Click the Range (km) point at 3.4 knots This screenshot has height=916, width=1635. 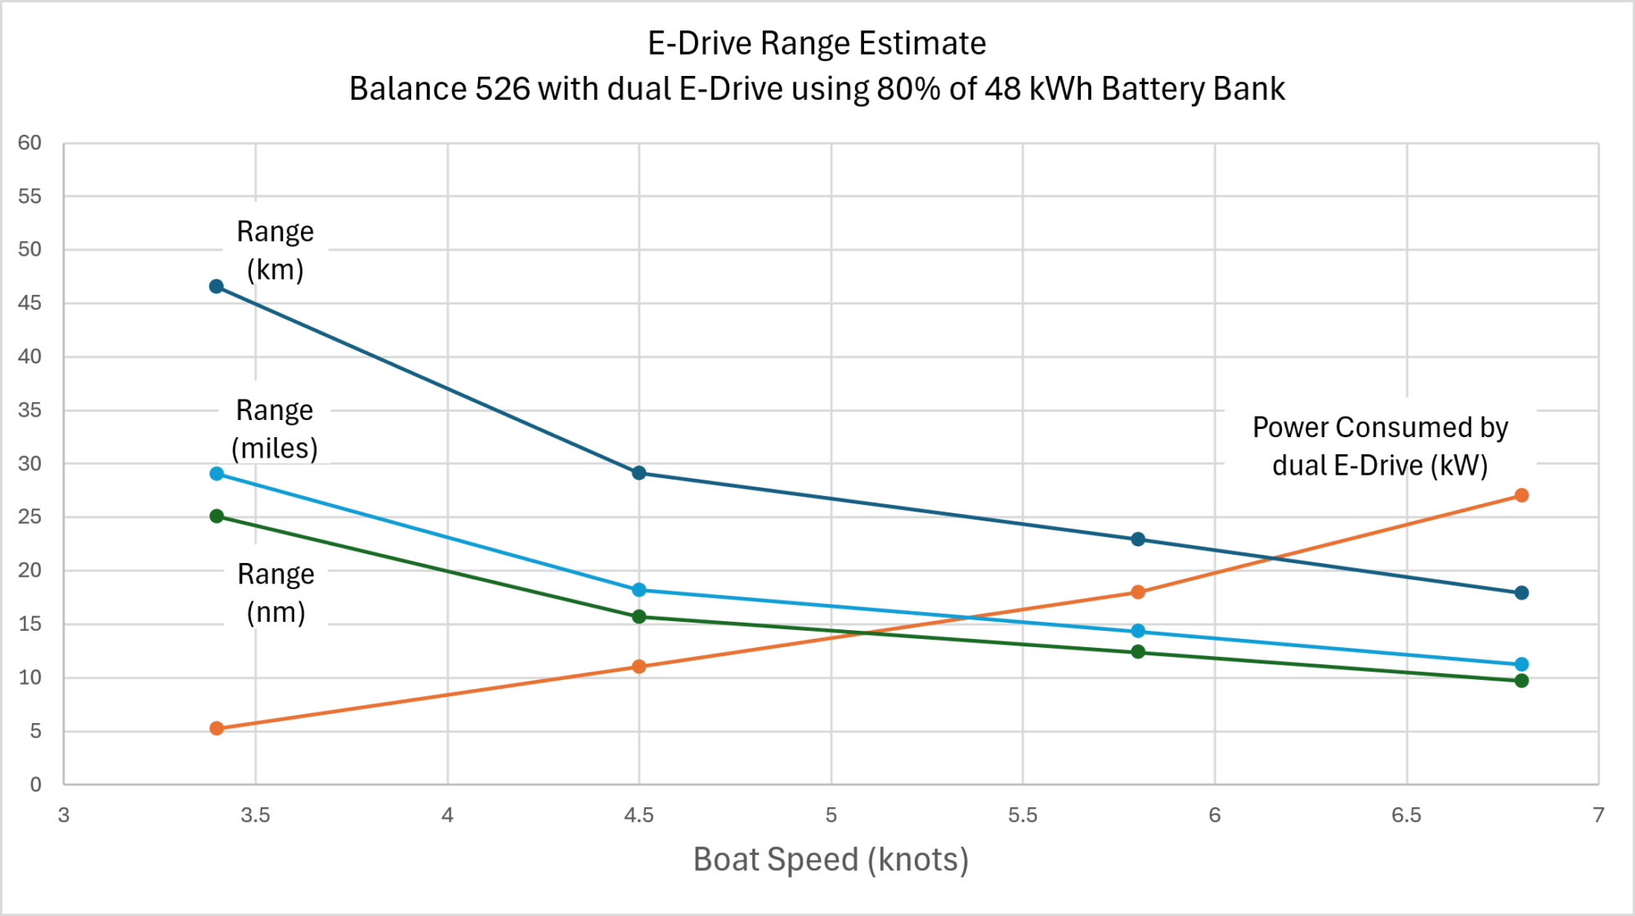[217, 286]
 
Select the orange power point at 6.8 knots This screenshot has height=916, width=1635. [1521, 495]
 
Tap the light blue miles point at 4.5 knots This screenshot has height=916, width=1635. [639, 590]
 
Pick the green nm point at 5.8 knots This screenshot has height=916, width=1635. [1138, 651]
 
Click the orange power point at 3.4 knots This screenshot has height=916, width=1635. [217, 728]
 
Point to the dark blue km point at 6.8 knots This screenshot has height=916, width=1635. [1521, 592]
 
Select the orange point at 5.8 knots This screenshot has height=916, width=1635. [1138, 592]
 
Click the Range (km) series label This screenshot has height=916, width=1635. [275, 250]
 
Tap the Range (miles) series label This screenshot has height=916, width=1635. [275, 428]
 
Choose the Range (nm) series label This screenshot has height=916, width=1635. [275, 592]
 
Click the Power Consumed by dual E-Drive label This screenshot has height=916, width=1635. [1380, 446]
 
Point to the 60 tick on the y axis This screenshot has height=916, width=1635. [29, 143]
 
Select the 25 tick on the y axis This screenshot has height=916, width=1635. [29, 516]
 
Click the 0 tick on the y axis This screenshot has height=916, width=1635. [35, 784]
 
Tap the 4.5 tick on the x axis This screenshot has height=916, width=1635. [639, 815]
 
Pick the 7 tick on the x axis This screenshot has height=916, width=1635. [1598, 815]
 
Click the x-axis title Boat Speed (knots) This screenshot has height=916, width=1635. [831, 860]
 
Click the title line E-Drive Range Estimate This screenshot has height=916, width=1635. [817, 43]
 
